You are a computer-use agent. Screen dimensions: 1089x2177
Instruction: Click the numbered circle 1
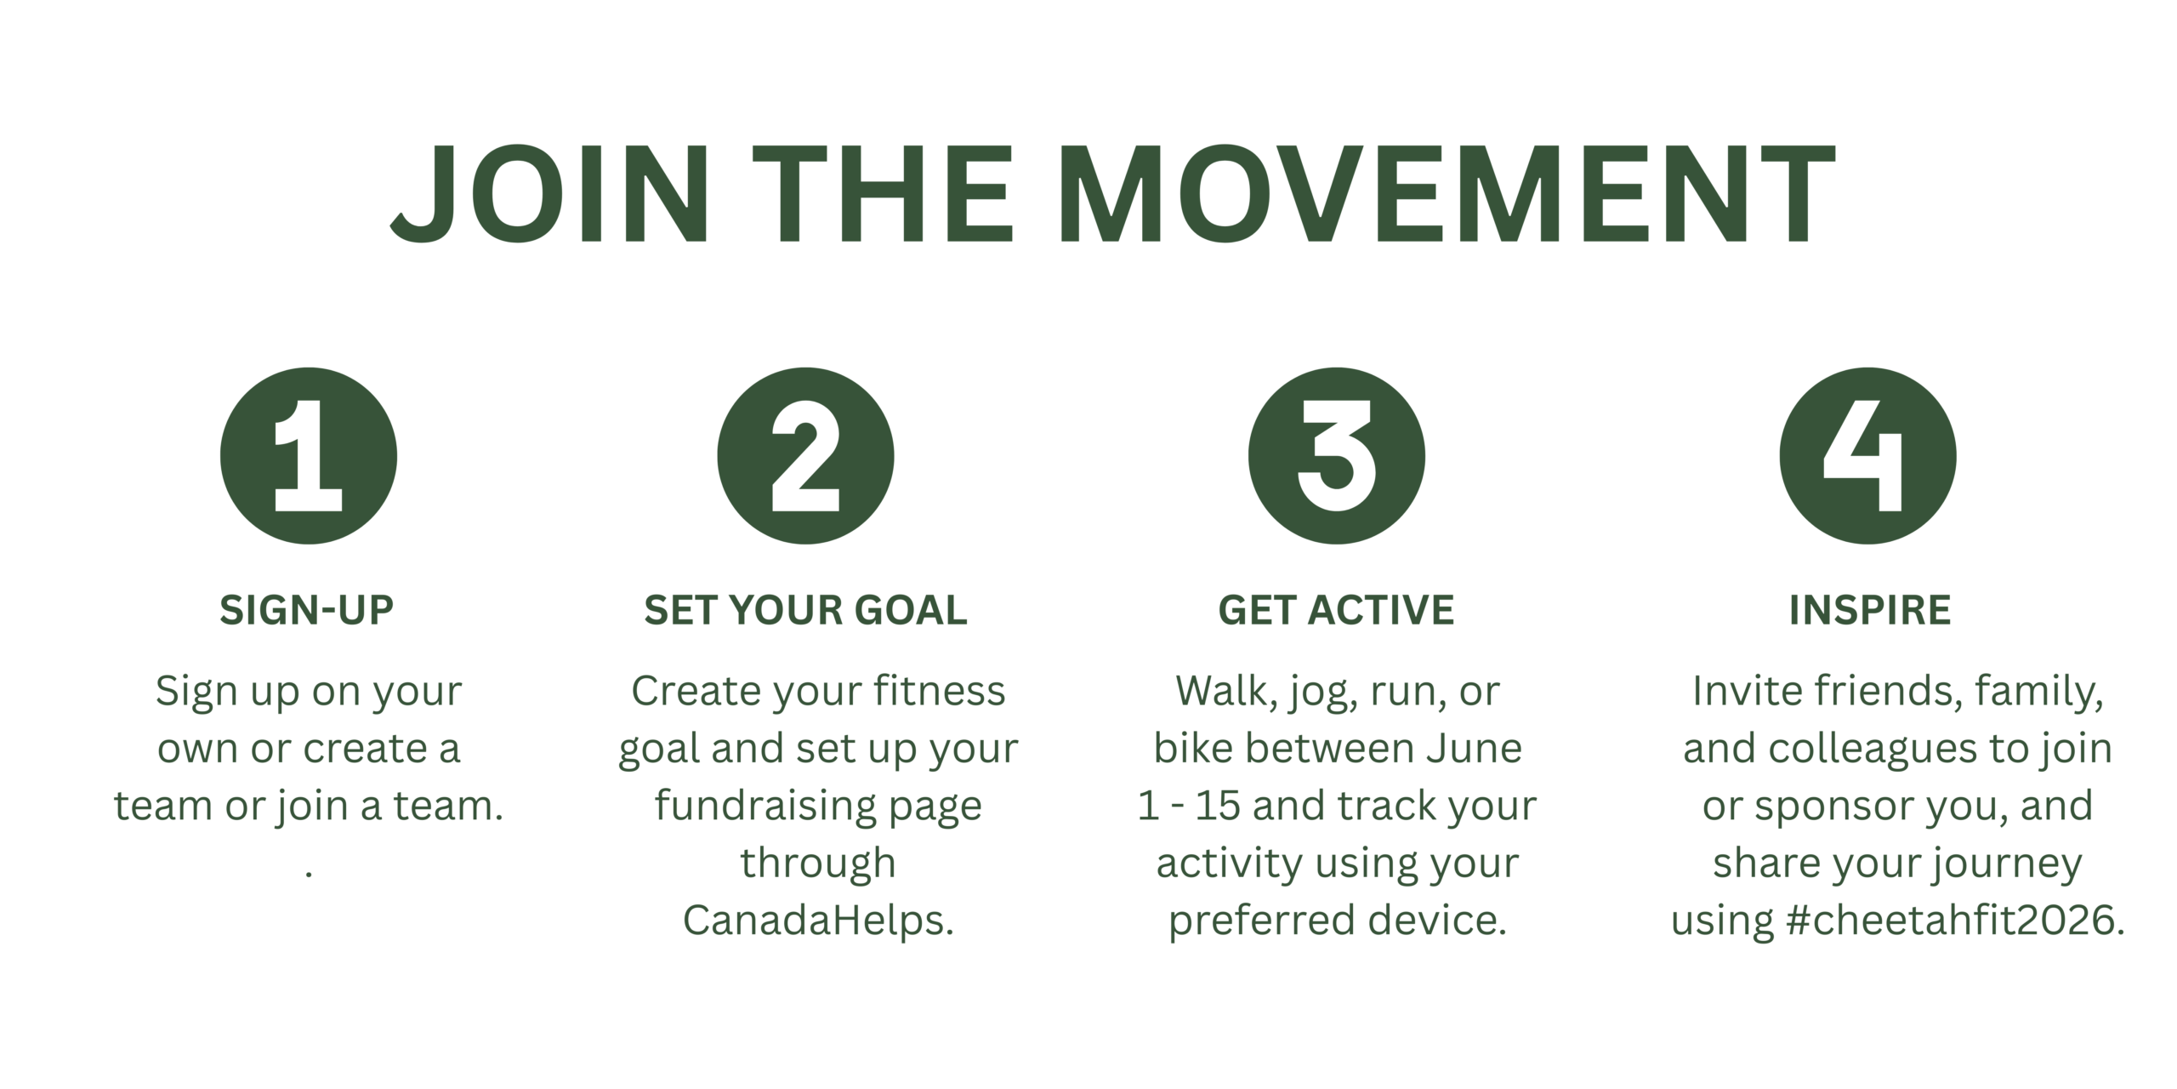point(308,456)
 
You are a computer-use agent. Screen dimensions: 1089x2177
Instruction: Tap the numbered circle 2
point(805,456)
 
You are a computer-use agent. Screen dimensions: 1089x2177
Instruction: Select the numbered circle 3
point(1336,456)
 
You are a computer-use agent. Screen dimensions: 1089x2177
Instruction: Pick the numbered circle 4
point(1867,456)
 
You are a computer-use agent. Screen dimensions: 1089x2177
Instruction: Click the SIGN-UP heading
point(307,610)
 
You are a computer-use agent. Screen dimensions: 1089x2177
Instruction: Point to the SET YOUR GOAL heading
point(805,610)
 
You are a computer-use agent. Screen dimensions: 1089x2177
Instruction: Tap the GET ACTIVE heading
point(1336,610)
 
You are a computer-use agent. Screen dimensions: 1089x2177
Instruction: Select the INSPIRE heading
point(1870,610)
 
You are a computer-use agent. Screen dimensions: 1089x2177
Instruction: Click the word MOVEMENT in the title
point(1446,193)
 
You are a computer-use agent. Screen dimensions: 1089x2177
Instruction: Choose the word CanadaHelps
point(818,920)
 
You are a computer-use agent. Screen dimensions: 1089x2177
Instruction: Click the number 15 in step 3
point(1217,806)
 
